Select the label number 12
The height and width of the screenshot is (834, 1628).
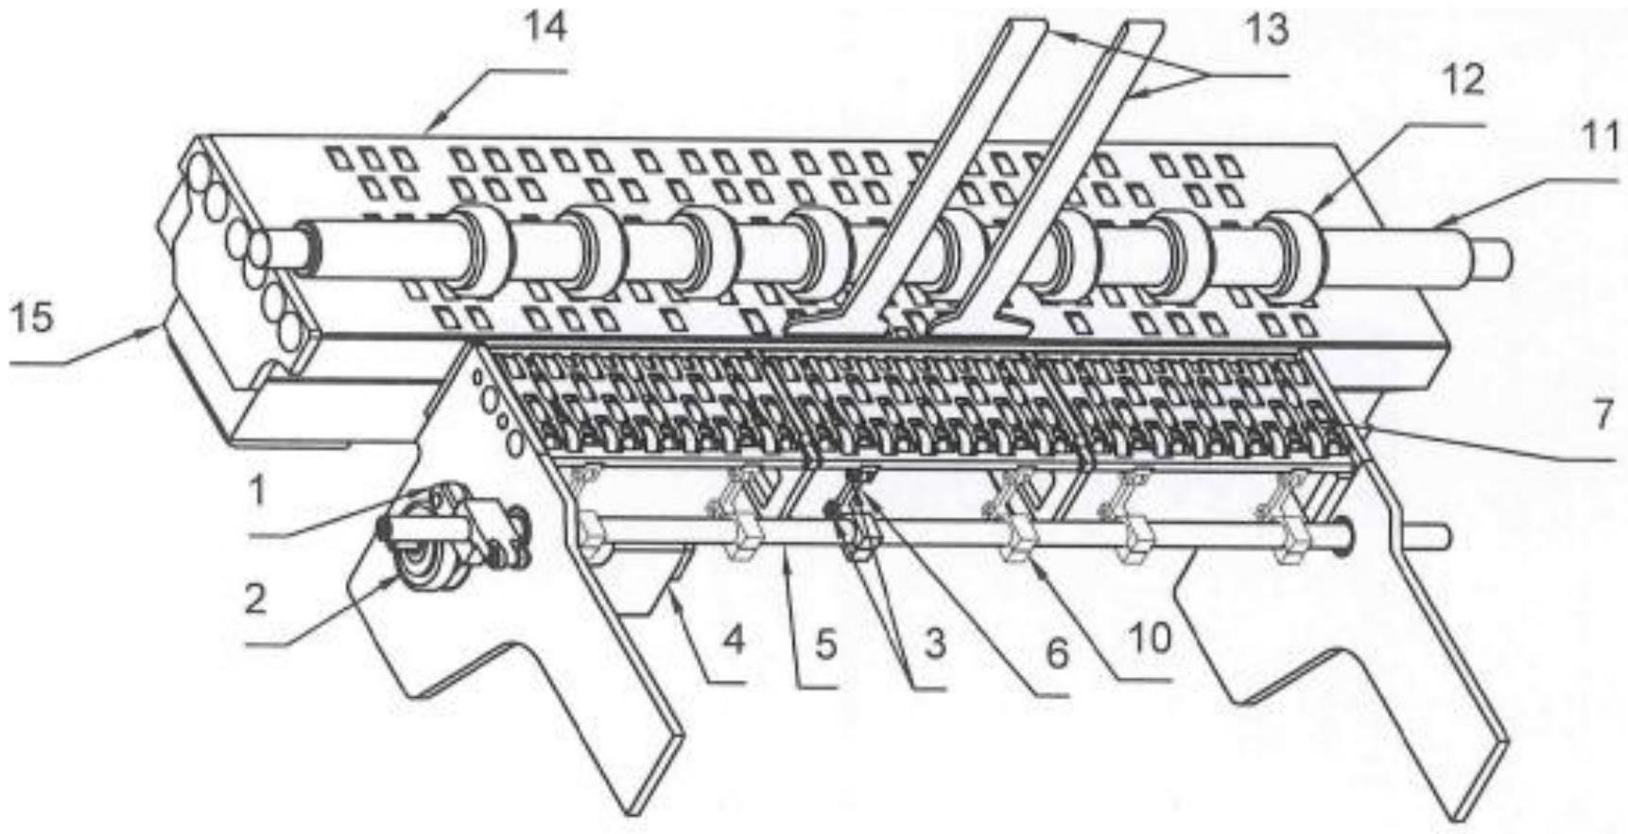click(x=1463, y=81)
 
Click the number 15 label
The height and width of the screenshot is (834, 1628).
click(x=31, y=317)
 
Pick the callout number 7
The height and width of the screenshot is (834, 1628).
click(x=1602, y=414)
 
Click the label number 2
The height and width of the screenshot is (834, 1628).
click(x=255, y=599)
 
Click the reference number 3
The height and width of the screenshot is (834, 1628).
click(x=934, y=644)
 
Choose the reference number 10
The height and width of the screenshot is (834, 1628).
click(x=1151, y=638)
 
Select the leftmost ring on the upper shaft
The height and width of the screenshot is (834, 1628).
click(x=477, y=248)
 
